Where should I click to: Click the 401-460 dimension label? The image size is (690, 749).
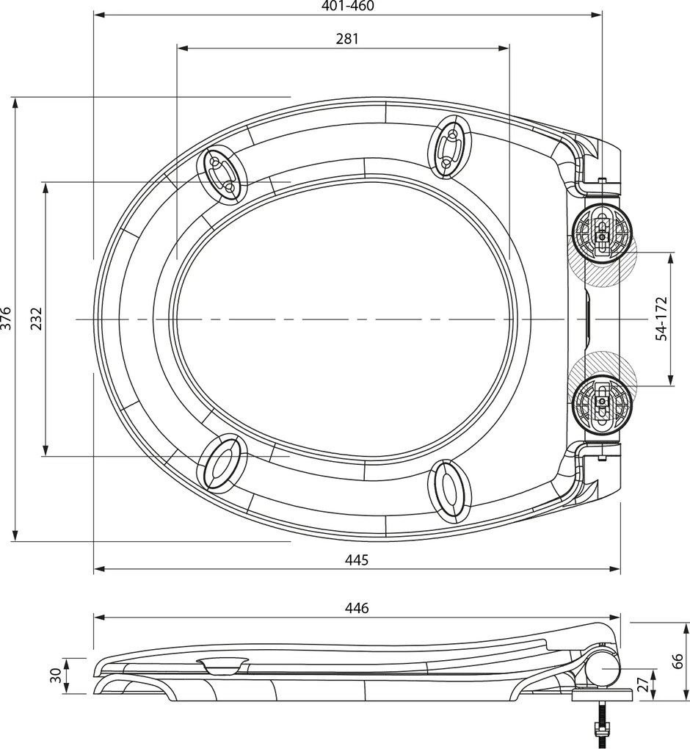click(x=347, y=7)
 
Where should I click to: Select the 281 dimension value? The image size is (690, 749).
click(x=347, y=39)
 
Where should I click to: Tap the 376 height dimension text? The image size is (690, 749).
click(x=7, y=319)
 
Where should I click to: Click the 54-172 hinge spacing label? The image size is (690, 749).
click(x=661, y=318)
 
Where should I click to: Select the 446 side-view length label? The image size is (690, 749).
click(x=357, y=608)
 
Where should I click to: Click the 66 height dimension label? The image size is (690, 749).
click(x=679, y=661)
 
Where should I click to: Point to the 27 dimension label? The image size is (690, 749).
click(x=643, y=685)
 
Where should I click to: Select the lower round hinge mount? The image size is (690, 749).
click(x=601, y=402)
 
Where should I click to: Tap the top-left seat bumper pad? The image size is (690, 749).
click(x=222, y=175)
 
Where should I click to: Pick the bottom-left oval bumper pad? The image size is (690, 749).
click(x=220, y=463)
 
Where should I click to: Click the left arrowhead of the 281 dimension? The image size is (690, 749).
click(x=182, y=48)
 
